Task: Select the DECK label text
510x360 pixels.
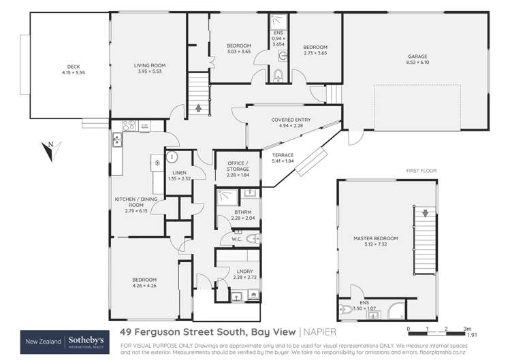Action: [64, 67]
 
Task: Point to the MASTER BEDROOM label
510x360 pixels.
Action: [375, 238]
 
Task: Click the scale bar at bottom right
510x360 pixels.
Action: [436, 328]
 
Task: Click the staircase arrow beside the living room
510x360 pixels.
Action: [199, 106]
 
